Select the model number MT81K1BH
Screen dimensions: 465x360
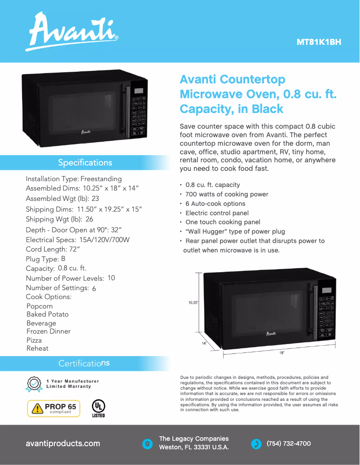pos(319,43)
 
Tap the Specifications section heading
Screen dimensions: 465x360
pos(85,162)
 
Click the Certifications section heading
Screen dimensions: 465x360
pos(84,363)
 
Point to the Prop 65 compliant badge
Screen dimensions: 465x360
pos(54,409)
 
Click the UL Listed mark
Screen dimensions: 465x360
pos(98,408)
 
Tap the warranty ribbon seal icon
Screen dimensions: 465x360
pos(34,384)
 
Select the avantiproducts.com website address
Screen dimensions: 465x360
pos(63,443)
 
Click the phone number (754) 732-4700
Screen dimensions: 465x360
pos(289,443)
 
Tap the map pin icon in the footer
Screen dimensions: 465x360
pos(147,444)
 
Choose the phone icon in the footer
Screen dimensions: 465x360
pos(256,444)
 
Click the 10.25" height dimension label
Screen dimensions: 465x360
pos(193,303)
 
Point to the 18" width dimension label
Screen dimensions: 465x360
pos(281,353)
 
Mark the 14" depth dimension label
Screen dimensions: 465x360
pos(204,343)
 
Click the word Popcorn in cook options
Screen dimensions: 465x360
pos(40,306)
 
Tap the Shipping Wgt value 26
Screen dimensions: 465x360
pos(89,219)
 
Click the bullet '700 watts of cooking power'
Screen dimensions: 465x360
pos(227,194)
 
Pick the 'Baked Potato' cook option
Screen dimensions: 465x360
pos(48,314)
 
